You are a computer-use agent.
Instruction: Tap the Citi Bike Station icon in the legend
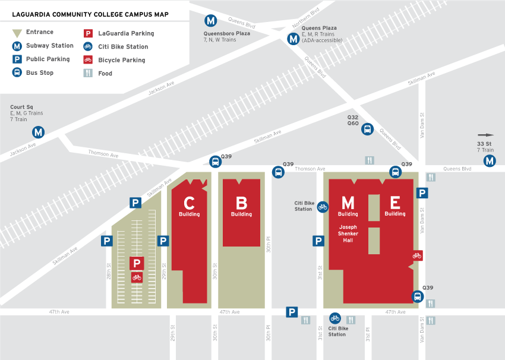coord(87,46)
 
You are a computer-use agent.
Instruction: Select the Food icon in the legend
coord(87,73)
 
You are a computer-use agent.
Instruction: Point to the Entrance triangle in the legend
coord(18,32)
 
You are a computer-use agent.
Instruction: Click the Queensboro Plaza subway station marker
coord(210,21)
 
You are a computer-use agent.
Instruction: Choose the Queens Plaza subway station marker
coord(293,39)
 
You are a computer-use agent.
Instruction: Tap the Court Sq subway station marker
coord(39,132)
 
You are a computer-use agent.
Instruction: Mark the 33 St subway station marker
coord(489,160)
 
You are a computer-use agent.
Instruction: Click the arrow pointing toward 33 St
coord(485,135)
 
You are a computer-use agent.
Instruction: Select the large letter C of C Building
coord(189,203)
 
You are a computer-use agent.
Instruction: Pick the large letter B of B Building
coord(241,203)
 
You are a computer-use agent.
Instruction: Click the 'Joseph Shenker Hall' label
coord(348,233)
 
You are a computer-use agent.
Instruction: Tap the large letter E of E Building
coord(394,203)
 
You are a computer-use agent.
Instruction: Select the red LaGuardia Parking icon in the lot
coord(137,263)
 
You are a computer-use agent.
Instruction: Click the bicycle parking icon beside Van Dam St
coord(417,255)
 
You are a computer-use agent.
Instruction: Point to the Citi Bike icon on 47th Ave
coord(336,318)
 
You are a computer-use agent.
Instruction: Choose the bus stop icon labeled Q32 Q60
coord(367,129)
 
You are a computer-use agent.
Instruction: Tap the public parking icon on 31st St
coord(318,241)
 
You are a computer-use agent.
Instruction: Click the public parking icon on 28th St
coord(107,241)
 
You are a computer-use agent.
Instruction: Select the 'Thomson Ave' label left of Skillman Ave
coord(103,154)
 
